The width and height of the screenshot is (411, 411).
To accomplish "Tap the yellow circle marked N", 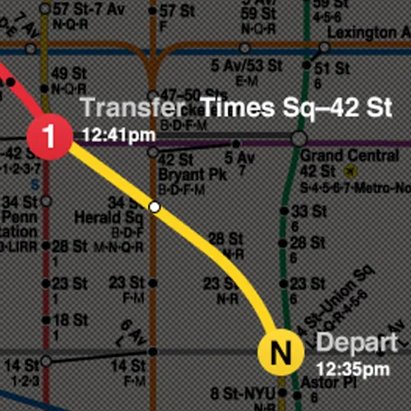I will coord(280,353).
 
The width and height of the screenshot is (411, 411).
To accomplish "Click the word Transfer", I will coord(132,109).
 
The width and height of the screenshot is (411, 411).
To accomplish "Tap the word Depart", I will coord(357,343).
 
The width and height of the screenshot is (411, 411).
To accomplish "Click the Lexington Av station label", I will coord(367,32).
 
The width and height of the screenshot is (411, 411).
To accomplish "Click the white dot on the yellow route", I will coord(154,207).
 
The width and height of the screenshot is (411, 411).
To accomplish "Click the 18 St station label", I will coord(70,321).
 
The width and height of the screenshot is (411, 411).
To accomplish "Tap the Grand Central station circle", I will coord(298,138).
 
